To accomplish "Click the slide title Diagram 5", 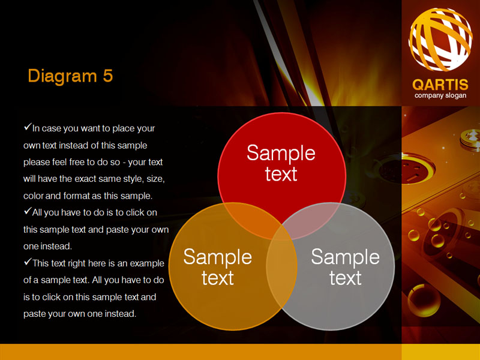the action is click(x=70, y=76).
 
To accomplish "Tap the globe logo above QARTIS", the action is click(x=440, y=39).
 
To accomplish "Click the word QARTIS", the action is click(x=440, y=85).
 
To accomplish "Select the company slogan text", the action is click(x=440, y=95).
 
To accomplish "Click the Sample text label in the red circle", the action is click(x=281, y=163).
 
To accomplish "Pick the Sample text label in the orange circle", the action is click(x=218, y=267).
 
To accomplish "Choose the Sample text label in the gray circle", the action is click(x=346, y=267).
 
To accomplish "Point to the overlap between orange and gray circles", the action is click(x=281, y=266).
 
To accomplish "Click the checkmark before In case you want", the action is click(x=28, y=127).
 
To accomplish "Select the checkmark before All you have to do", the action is click(x=28, y=211).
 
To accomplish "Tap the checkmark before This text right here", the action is click(x=28, y=262).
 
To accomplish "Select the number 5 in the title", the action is click(x=108, y=76).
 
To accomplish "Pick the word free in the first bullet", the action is click(x=78, y=162).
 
